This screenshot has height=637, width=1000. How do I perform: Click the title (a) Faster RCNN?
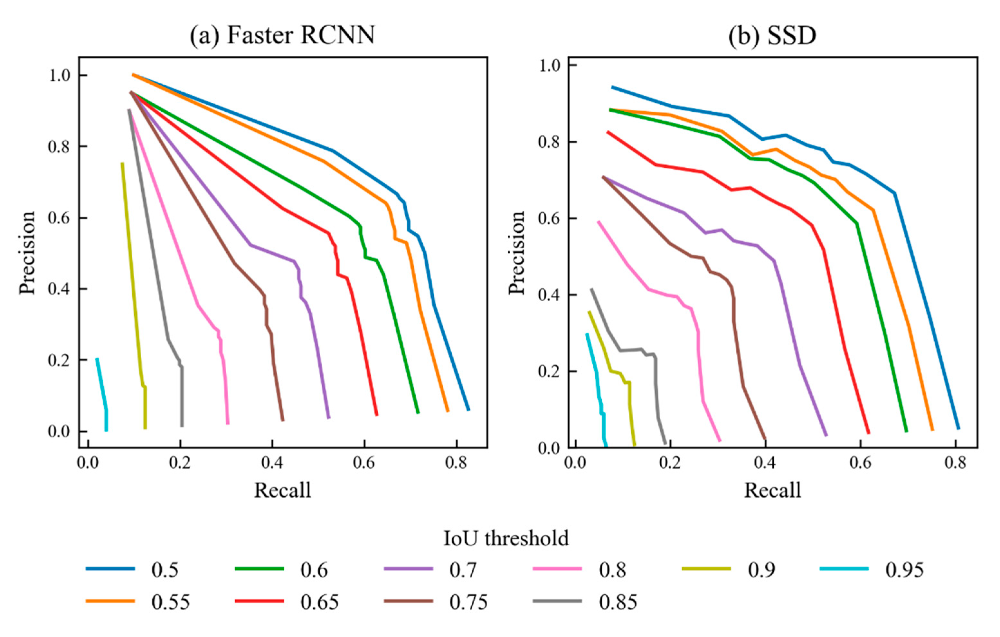click(282, 35)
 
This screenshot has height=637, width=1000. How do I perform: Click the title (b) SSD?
click(772, 35)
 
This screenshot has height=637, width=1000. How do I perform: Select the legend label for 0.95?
click(904, 570)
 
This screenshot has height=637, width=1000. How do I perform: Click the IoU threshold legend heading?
click(506, 538)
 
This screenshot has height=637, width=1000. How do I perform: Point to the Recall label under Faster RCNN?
click(282, 491)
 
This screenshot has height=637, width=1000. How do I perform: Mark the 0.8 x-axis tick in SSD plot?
click(955, 463)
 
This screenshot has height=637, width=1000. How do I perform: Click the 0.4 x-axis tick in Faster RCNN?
click(272, 463)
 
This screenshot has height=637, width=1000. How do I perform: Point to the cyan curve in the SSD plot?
click(596, 374)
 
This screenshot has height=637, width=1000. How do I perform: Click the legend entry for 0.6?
click(314, 570)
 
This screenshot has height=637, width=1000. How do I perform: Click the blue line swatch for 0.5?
click(110, 569)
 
